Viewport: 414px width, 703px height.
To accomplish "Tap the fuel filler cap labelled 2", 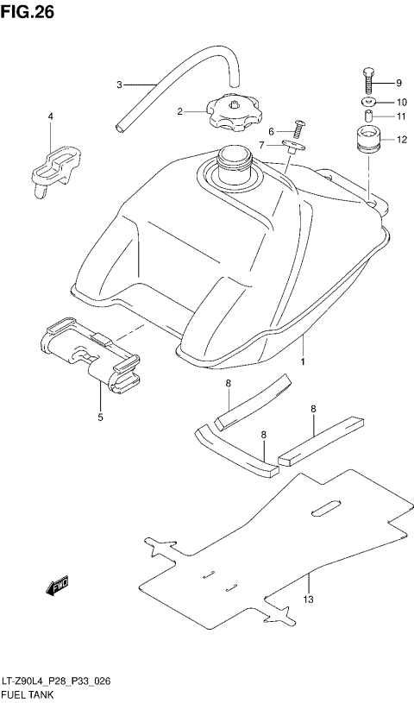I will (232, 110).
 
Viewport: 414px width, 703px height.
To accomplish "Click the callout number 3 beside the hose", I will (120, 85).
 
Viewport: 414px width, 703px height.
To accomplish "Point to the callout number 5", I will (100, 417).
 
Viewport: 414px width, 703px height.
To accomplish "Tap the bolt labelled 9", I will (370, 81).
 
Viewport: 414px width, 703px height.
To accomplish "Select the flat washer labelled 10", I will (368, 102).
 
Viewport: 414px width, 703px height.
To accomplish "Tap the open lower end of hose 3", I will (121, 129).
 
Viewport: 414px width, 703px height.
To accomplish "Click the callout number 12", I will (401, 139).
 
